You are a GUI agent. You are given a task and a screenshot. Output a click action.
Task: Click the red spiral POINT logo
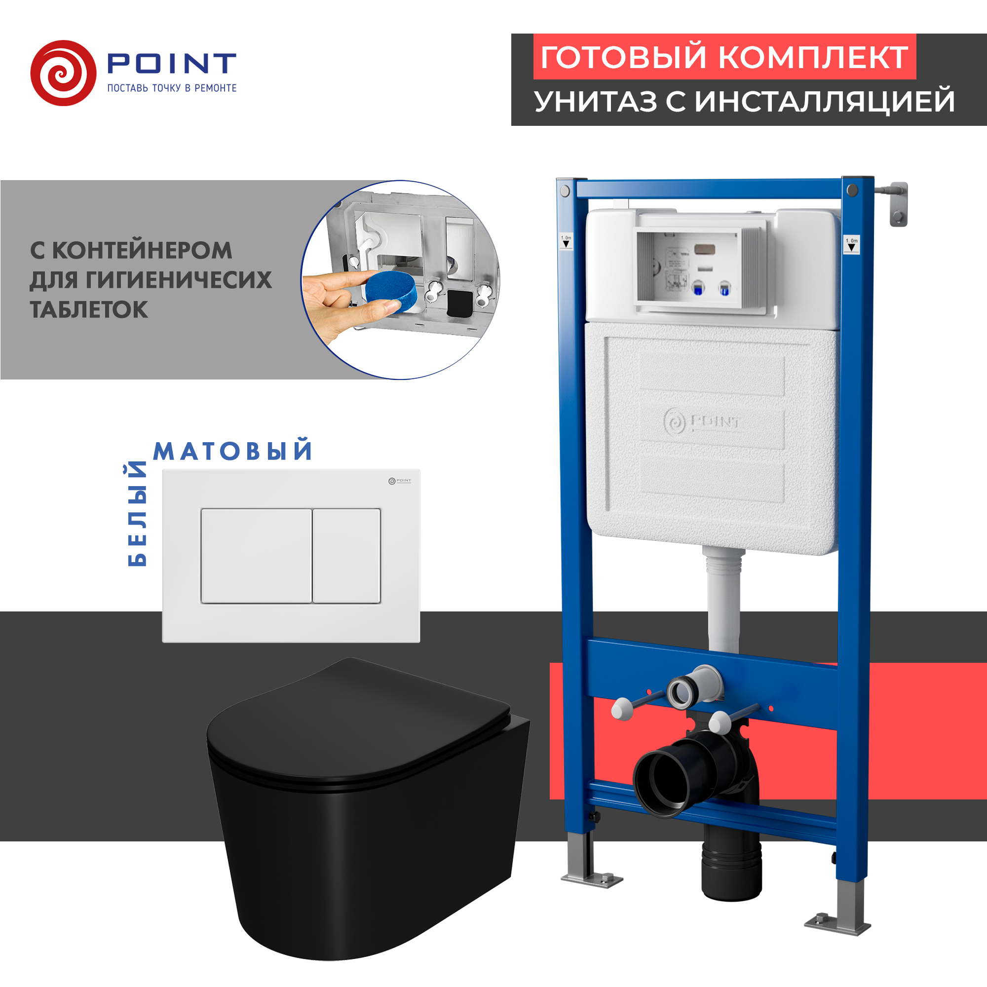(63, 73)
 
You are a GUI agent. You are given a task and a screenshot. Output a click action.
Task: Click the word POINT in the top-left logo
(172, 63)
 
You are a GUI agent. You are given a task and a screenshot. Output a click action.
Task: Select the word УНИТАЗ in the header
(596, 101)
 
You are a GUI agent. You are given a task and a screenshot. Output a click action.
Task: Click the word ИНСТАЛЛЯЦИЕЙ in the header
(825, 101)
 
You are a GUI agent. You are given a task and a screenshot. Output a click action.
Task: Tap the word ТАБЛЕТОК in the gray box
(89, 310)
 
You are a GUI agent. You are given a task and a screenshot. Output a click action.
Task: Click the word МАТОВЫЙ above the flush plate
(232, 451)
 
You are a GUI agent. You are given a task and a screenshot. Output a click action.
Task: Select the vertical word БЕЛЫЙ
(137, 513)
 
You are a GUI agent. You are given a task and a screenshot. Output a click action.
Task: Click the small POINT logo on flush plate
(400, 481)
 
